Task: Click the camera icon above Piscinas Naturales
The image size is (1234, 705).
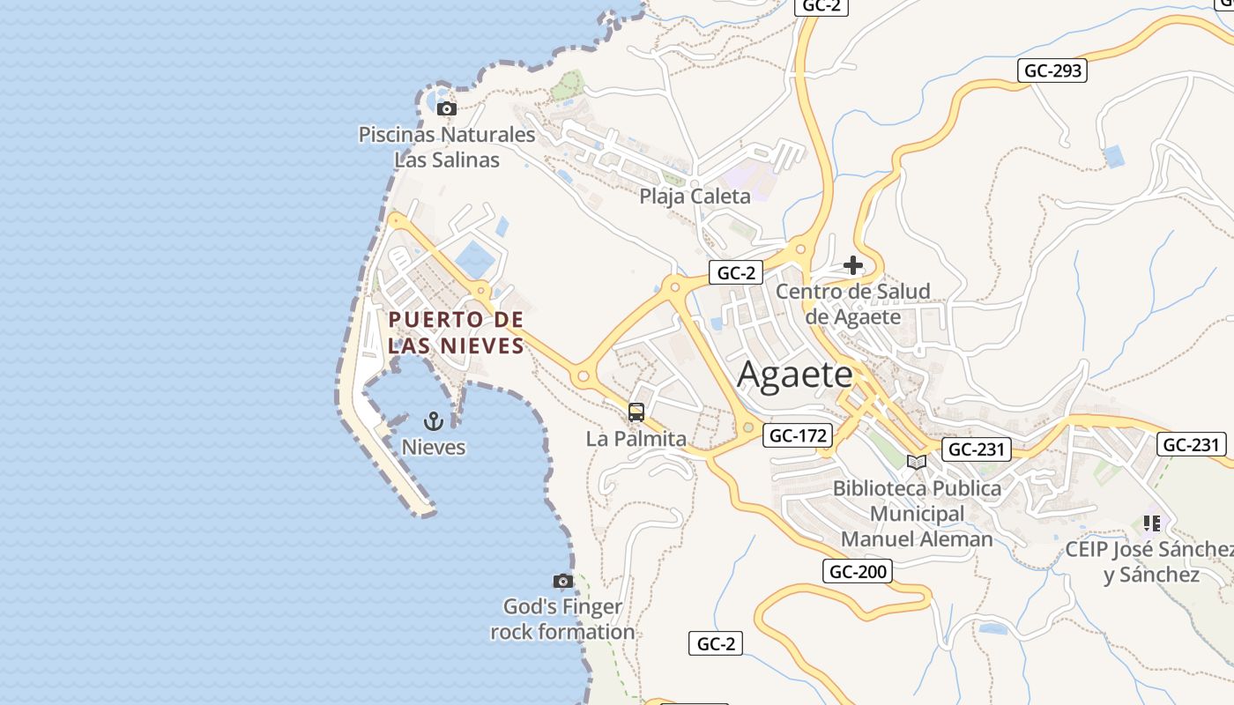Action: click(447, 109)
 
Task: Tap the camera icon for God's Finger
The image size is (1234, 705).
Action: click(562, 581)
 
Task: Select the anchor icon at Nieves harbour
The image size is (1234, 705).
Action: click(433, 421)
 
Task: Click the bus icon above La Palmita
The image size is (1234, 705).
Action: click(636, 412)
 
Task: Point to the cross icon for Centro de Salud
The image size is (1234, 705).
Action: click(852, 264)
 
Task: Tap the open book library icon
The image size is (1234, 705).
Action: click(917, 462)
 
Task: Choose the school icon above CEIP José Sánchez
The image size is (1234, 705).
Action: click(1151, 523)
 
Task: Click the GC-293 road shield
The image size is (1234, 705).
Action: click(1052, 70)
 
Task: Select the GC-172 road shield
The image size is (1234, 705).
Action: click(799, 435)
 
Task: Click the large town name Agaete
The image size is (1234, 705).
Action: click(795, 375)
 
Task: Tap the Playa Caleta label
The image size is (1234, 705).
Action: click(695, 196)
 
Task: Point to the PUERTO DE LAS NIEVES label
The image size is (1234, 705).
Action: click(457, 332)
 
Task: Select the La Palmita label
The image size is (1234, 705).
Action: click(636, 438)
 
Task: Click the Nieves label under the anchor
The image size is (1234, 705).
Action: click(434, 447)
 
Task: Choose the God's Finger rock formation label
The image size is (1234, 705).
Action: click(562, 620)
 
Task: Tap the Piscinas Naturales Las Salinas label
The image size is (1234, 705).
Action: click(447, 147)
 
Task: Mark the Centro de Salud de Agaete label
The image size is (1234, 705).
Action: click(853, 304)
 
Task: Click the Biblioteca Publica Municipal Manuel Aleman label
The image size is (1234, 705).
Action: click(917, 513)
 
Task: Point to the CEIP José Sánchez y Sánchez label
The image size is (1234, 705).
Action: click(1151, 562)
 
